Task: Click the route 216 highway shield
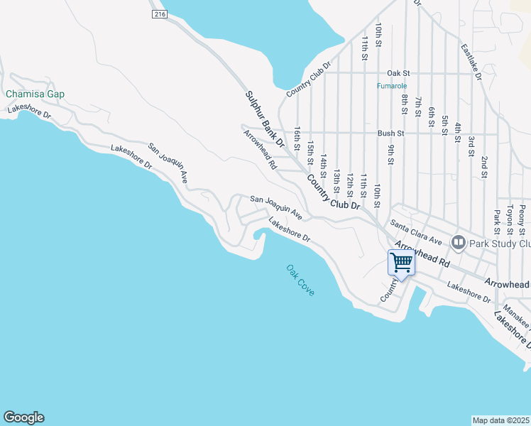coord(158,14)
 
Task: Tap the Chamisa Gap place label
coord(35,94)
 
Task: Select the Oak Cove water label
coord(300,280)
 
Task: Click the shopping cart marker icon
coord(402,263)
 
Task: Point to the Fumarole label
coord(391,87)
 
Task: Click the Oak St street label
coord(398,73)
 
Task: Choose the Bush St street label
coord(390,133)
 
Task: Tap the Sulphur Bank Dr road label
coord(265,119)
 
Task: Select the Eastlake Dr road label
coord(471,62)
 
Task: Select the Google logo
coord(23,417)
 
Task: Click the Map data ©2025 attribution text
coord(501,420)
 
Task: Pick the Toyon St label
coord(509,222)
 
